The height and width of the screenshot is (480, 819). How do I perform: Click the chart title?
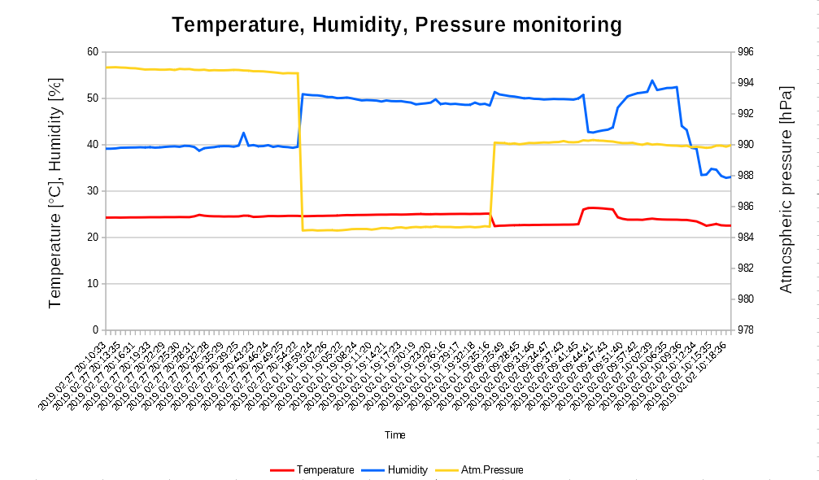tap(397, 25)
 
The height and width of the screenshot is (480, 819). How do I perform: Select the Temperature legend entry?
tap(325, 469)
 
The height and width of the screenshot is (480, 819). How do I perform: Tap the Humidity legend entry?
tap(407, 469)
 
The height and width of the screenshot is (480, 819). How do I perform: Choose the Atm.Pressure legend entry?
tap(491, 469)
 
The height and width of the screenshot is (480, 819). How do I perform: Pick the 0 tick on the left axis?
tap(94, 330)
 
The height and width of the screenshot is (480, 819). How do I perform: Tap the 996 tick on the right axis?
tap(745, 52)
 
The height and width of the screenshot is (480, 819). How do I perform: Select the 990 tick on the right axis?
tap(745, 145)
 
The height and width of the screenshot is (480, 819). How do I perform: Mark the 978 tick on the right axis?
tap(745, 330)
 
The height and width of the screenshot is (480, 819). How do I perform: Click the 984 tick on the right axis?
tap(745, 238)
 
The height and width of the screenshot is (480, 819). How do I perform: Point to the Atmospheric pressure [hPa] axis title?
tap(786, 189)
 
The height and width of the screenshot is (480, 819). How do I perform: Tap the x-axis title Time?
tap(395, 435)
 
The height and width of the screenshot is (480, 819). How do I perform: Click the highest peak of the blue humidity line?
tap(652, 81)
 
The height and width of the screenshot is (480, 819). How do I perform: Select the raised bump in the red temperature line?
tap(594, 208)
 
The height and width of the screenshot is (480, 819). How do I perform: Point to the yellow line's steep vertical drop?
tap(300, 155)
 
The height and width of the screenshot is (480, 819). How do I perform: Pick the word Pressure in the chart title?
tap(459, 25)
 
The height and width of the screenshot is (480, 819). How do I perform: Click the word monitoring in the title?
tap(566, 25)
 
